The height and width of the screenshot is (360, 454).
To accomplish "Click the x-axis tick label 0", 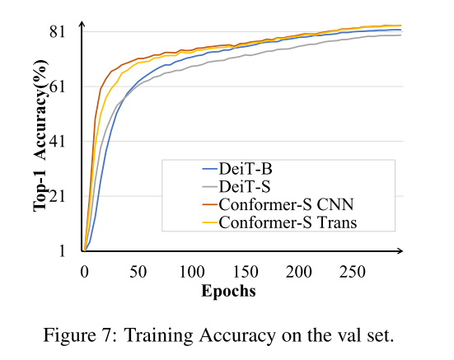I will (x=84, y=271).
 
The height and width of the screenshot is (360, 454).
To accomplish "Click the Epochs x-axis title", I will (x=228, y=291).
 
